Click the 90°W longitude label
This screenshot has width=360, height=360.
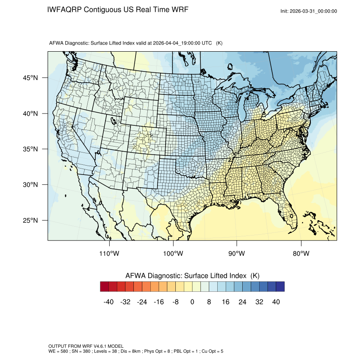(x=237, y=254)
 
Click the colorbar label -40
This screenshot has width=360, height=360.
(x=109, y=302)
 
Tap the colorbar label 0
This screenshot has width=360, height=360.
(x=192, y=302)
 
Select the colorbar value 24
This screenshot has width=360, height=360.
(x=243, y=302)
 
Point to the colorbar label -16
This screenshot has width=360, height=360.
(x=159, y=302)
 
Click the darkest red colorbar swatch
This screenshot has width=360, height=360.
(x=105, y=287)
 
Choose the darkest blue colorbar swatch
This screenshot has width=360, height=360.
(x=280, y=287)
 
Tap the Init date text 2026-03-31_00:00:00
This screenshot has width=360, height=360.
(x=314, y=11)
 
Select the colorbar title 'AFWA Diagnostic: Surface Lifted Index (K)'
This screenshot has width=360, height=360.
(x=192, y=276)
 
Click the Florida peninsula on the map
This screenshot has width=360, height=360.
(x=288, y=214)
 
